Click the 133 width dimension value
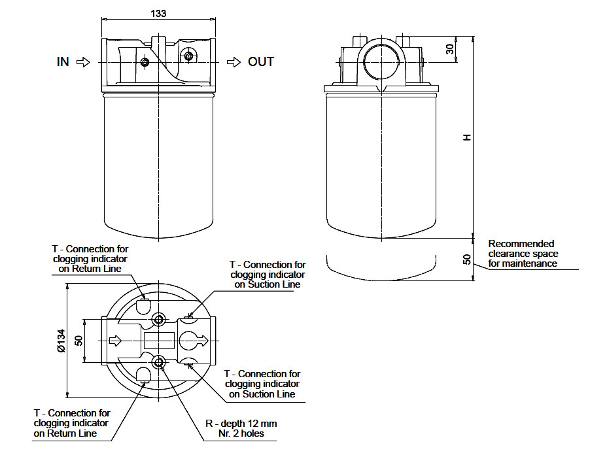[x=158, y=14]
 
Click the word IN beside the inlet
[x=63, y=62]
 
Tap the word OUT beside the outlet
[x=261, y=62]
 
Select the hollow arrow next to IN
[x=83, y=62]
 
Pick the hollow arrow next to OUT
[x=234, y=62]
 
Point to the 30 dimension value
[x=449, y=49]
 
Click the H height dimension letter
[x=467, y=137]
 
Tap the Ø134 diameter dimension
[x=61, y=341]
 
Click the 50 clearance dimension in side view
[x=467, y=260]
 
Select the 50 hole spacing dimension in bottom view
[x=78, y=341]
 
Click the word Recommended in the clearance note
[x=521, y=244]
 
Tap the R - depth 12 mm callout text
[x=241, y=424]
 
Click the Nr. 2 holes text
[x=241, y=433]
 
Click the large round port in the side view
[x=381, y=61]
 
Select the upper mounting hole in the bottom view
[x=159, y=320]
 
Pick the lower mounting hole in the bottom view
[x=159, y=363]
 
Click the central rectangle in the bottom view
[x=159, y=341]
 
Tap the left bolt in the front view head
[x=145, y=62]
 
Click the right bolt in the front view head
[x=188, y=56]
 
